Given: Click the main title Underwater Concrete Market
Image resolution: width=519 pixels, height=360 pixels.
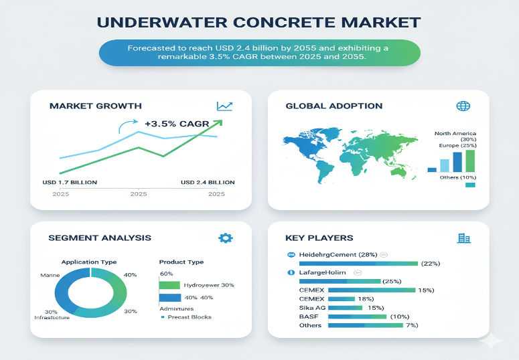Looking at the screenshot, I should [259, 21].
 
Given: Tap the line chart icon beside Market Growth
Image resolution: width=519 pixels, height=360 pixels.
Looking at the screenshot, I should [224, 106].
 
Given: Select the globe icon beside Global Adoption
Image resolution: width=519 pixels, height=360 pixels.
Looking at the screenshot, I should [462, 106].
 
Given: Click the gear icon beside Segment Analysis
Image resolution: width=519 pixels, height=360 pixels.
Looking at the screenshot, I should [226, 238].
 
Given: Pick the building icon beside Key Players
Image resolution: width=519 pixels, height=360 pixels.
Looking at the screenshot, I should [463, 238].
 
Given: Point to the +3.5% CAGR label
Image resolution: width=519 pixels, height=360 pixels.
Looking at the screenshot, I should [177, 123].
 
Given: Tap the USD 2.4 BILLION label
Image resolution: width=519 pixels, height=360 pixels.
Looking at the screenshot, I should [208, 182].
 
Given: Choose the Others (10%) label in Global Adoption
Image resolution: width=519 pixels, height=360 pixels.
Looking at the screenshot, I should [458, 177].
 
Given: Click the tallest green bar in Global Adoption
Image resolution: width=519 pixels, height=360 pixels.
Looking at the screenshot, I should [470, 161].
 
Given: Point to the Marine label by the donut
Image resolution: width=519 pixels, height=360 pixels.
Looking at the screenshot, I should [50, 274].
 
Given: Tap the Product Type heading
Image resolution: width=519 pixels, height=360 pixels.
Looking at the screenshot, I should [181, 262].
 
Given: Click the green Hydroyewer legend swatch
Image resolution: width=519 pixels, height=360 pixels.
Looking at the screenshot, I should [169, 285].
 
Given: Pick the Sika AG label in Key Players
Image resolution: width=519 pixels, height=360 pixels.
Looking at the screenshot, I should [311, 307].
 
